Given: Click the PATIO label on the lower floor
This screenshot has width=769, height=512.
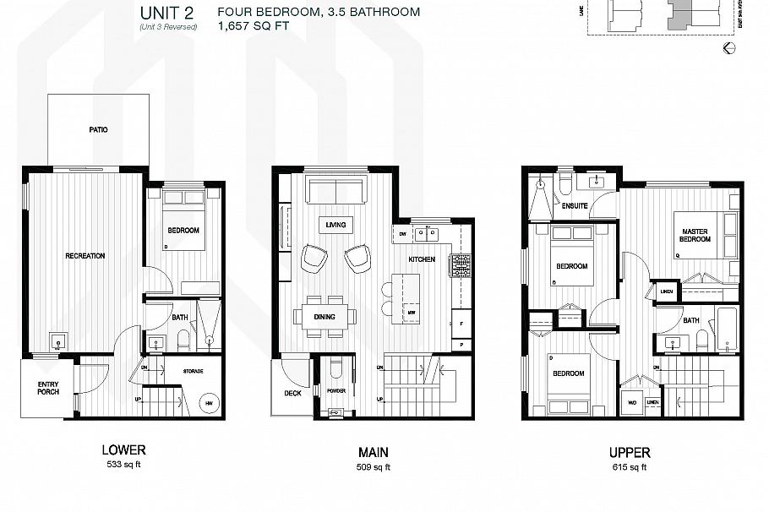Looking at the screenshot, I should click(98, 130).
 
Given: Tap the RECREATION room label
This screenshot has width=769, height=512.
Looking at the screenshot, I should click(85, 255).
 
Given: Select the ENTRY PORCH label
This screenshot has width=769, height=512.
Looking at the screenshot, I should click(48, 388).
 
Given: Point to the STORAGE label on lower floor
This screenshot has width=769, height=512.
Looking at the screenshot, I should click(194, 370).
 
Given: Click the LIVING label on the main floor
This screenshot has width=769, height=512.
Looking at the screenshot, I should click(335, 225).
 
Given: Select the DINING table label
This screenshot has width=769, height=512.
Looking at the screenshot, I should click(325, 317).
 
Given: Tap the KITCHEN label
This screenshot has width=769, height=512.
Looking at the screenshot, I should click(422, 259).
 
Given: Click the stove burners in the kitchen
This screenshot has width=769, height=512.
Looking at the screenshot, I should click(460, 265).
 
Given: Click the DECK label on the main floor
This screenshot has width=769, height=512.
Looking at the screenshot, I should click(293, 393).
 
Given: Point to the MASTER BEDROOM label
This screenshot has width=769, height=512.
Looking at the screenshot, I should click(695, 234).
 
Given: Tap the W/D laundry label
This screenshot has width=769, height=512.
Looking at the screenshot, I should click(630, 403).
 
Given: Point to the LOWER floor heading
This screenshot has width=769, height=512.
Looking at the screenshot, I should click(123, 450).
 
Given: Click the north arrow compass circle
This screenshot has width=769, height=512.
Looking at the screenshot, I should click(730, 49).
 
